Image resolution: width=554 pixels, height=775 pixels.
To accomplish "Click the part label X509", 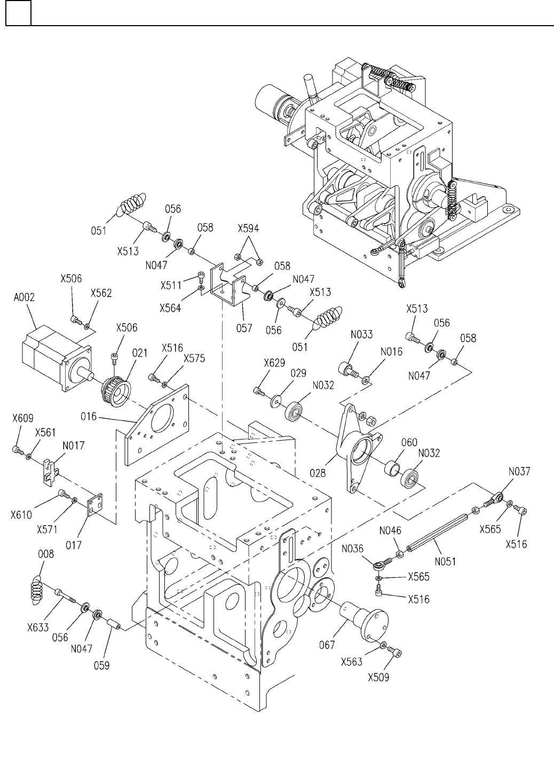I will (378, 678).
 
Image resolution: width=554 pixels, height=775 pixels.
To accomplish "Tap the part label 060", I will (409, 442).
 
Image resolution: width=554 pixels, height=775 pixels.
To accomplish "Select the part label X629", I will (274, 363).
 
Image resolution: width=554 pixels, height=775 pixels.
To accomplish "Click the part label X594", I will (248, 229).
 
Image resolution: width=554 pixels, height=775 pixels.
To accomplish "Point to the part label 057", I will (244, 327).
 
